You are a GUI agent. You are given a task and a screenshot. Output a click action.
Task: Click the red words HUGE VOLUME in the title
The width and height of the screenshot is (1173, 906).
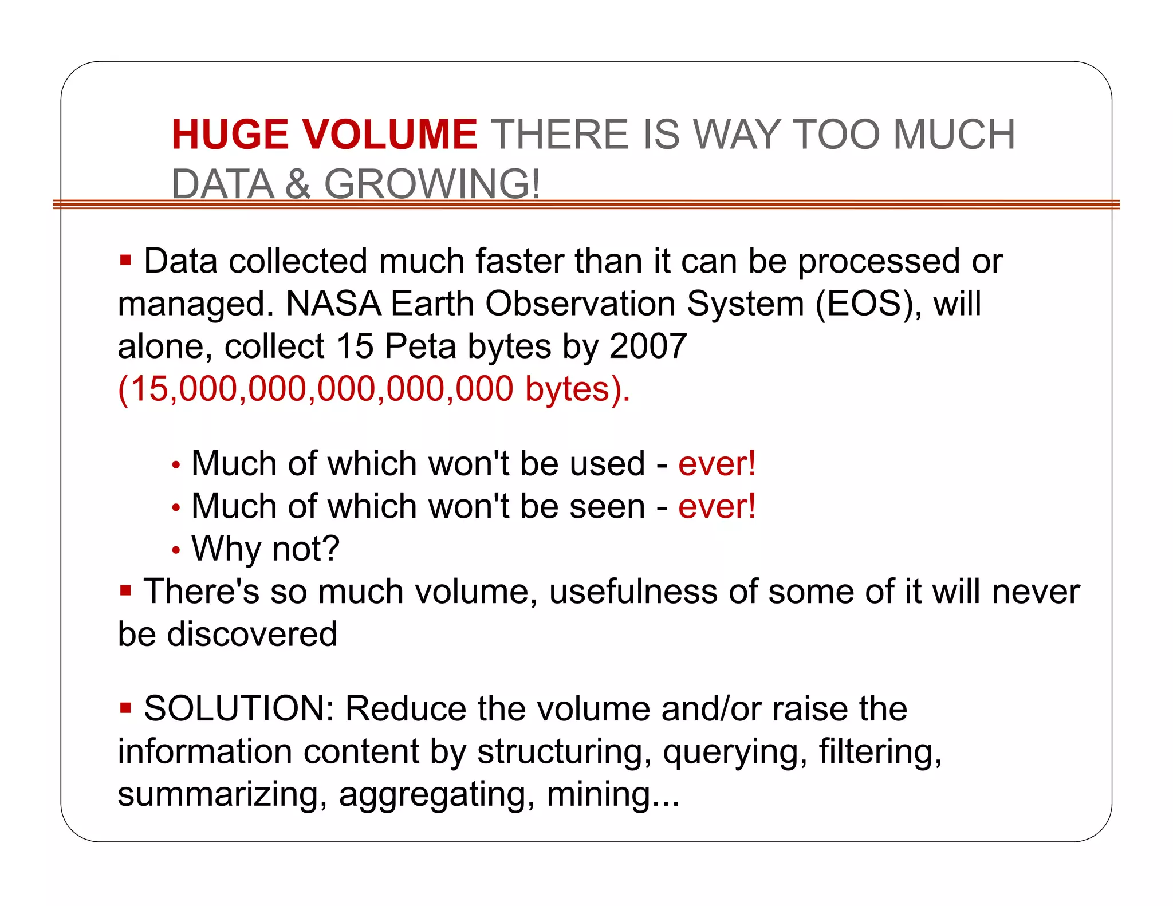click(324, 135)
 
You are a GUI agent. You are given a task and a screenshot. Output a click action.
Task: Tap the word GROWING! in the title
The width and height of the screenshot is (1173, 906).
click(432, 184)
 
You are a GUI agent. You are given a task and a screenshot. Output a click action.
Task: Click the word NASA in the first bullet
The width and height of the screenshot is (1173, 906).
click(333, 304)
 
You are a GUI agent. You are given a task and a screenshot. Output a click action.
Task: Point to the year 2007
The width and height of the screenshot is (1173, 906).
click(648, 346)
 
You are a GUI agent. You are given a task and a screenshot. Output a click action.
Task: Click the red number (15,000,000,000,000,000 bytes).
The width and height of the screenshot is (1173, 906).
click(373, 389)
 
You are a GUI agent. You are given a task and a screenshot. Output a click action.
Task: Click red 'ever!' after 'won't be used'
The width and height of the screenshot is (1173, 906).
click(717, 463)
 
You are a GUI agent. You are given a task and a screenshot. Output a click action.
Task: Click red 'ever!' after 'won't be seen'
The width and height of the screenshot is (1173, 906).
click(717, 506)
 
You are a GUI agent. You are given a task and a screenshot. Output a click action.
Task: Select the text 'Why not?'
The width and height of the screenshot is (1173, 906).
click(265, 549)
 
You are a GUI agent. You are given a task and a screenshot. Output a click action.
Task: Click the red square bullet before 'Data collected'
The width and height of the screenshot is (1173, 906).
click(125, 261)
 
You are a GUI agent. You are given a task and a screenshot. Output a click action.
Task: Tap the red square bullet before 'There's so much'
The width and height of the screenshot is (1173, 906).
click(125, 590)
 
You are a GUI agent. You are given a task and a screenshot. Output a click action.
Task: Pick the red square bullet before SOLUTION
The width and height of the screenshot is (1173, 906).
click(125, 708)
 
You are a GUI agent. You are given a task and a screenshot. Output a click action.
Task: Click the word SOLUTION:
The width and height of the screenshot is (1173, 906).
click(239, 708)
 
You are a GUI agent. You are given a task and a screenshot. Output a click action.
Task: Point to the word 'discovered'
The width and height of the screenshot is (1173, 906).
click(252, 634)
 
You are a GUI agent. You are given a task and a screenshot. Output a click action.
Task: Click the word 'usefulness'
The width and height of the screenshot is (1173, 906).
click(632, 592)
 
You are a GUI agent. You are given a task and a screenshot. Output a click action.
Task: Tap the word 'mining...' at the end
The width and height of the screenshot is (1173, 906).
click(613, 795)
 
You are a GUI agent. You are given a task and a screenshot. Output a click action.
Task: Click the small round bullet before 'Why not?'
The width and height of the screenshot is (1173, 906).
click(176, 550)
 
